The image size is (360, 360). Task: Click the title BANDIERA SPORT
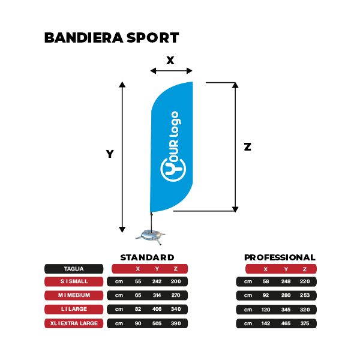point(112,38)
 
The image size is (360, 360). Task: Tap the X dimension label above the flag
point(170,61)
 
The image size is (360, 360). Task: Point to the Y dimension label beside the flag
point(110,154)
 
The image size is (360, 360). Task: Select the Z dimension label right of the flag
point(247,146)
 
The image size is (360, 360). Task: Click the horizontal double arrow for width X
point(171,71)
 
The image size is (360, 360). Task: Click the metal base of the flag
point(151,237)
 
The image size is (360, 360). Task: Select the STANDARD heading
point(147,257)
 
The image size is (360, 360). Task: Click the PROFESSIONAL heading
point(280,257)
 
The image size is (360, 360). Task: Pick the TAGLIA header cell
point(74,269)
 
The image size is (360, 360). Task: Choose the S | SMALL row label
point(74,281)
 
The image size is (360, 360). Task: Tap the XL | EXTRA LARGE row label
point(74,323)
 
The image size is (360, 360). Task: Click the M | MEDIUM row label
point(74,295)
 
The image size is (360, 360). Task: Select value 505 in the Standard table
point(157,323)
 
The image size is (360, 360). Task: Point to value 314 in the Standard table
point(157,295)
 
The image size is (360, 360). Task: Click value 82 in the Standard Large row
point(138,309)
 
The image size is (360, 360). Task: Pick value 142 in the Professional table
point(266,323)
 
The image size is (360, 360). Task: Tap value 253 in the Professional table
point(305,295)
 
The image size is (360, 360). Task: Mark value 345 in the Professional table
point(286,310)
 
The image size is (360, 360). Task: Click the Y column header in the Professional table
point(286,269)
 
